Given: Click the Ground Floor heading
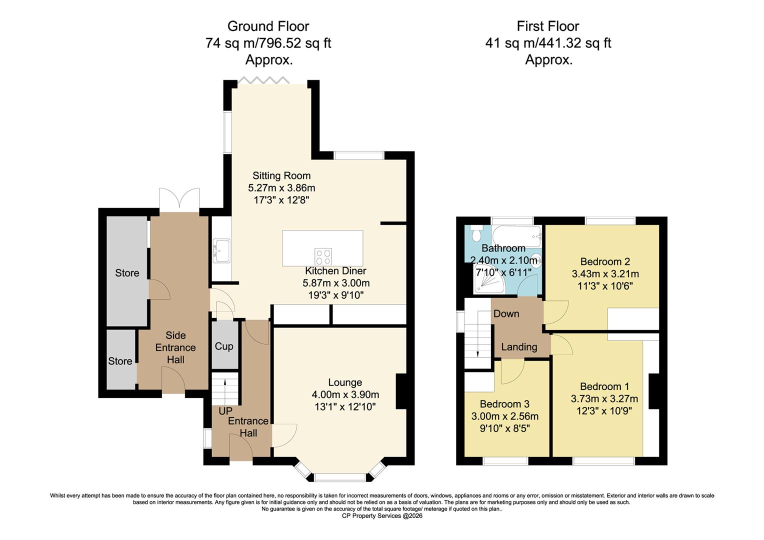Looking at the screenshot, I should click(268, 26).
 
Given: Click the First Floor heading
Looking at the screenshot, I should click(548, 26).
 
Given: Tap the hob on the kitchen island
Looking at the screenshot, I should click(323, 256).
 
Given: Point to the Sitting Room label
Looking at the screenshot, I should click(281, 175).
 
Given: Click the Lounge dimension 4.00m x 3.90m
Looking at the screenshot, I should click(345, 394).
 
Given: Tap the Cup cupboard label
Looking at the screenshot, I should click(224, 346).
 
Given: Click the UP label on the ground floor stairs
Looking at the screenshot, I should click(225, 410).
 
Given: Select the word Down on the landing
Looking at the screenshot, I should click(506, 313).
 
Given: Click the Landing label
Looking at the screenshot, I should click(519, 347).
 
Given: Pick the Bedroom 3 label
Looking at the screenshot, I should click(504, 404).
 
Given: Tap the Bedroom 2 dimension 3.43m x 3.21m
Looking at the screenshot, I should click(605, 274).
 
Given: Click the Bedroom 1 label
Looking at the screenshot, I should click(604, 386).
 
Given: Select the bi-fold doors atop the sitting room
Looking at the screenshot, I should click(263, 80).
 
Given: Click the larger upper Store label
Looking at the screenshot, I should click(127, 273).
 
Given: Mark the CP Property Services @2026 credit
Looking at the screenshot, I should click(382, 516).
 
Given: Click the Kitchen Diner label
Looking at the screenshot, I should click(335, 271).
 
